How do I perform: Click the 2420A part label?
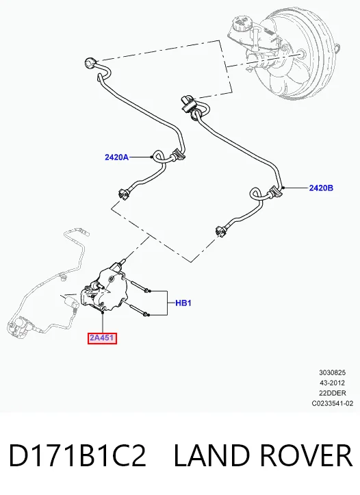point(116,157)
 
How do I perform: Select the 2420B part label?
point(321,188)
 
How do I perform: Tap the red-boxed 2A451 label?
point(102,338)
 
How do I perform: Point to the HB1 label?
point(183,303)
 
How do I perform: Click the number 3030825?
point(332,372)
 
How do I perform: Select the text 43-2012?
point(332,383)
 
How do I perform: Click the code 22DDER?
point(332,393)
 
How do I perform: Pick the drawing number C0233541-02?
point(332,403)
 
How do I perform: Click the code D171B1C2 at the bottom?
point(77,455)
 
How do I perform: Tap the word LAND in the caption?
point(213,455)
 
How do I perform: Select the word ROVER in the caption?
point(306,455)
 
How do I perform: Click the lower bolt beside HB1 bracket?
point(136,308)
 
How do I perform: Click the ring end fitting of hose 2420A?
point(90,63)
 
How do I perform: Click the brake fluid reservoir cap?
point(242,22)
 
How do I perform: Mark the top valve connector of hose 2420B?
point(188,103)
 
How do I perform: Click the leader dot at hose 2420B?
point(283,188)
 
